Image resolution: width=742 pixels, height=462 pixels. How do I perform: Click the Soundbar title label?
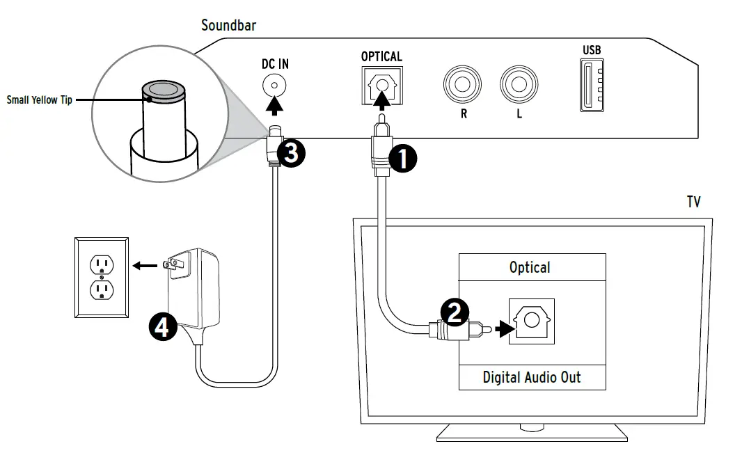[x=228, y=25]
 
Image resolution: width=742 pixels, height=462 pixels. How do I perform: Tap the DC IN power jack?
[x=274, y=86]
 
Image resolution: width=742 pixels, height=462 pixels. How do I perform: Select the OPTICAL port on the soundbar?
[x=382, y=86]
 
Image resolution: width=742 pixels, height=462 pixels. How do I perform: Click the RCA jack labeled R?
[x=462, y=85]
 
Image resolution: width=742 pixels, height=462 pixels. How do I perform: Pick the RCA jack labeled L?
[x=519, y=85]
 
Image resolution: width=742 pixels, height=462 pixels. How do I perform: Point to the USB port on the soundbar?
[x=592, y=85]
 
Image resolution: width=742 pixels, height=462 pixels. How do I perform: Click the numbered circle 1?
[x=402, y=159]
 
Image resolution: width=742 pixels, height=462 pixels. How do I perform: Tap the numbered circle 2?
[x=455, y=312]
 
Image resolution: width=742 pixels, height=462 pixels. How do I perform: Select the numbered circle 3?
[x=290, y=153]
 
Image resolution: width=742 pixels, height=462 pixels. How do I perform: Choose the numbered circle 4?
[x=163, y=327]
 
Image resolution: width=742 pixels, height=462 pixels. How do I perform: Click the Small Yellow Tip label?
[x=39, y=99]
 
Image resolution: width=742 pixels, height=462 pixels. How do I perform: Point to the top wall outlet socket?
[x=102, y=264]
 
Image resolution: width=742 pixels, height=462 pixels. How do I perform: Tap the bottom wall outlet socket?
[x=102, y=290]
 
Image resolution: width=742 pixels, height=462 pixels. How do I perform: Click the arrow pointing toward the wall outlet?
[x=145, y=266]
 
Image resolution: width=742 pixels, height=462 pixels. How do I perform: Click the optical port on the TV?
[x=532, y=321]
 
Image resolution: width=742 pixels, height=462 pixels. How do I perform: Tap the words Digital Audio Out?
[x=532, y=377]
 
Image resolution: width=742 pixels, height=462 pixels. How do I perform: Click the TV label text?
[x=694, y=202]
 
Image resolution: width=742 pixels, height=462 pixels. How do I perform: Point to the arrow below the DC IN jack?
[x=274, y=106]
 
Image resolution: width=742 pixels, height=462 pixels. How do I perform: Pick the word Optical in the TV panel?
[x=530, y=268]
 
